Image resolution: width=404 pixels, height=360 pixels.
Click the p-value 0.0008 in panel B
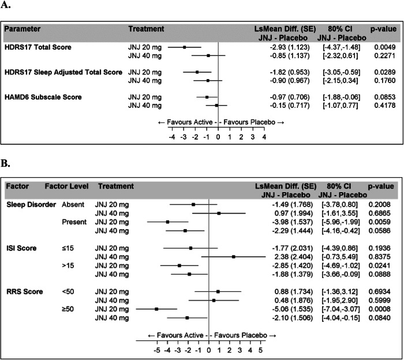pos(373,309)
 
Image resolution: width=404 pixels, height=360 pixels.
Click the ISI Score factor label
pos(21,248)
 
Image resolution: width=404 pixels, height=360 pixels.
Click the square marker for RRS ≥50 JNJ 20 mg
pos(156,309)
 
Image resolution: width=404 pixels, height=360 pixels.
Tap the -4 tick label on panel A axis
pos(171,138)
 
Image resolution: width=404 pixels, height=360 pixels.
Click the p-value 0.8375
pos(373,257)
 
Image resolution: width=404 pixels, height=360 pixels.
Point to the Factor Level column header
pos(65,187)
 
